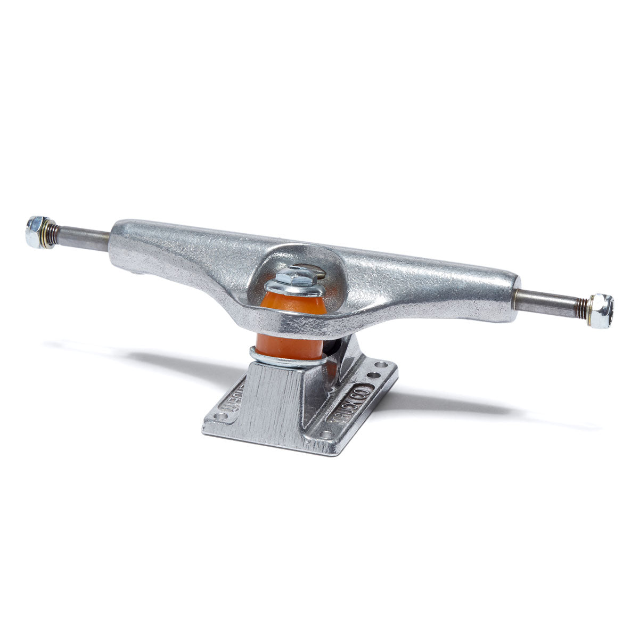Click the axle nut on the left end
click(35, 232)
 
